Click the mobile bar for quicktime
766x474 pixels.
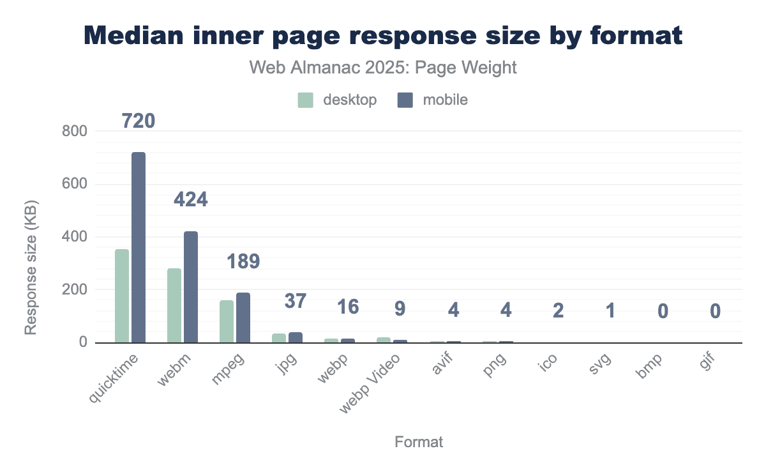[x=139, y=247]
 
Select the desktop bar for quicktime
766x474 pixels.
[x=122, y=296]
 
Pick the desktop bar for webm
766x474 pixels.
[x=174, y=305]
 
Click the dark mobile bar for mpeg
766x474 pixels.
[x=243, y=317]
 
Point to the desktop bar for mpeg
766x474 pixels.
[x=227, y=321]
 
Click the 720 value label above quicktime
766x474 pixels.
[x=139, y=120]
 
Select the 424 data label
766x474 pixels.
[x=191, y=199]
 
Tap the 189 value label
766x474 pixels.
[x=243, y=261]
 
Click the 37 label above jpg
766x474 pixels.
[x=296, y=301]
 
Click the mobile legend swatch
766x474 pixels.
[x=405, y=100]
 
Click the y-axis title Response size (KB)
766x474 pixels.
[x=31, y=268]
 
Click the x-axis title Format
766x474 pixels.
[x=419, y=442]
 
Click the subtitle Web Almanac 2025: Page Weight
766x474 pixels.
[x=383, y=68]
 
